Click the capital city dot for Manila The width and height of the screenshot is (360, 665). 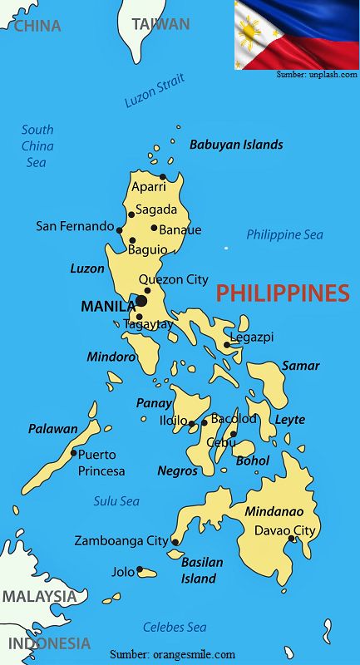(141, 301)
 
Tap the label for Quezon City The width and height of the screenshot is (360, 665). (173, 279)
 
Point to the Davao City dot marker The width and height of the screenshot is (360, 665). (292, 539)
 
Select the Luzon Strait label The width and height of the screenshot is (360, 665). (154, 93)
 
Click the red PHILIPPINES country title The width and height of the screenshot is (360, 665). (283, 293)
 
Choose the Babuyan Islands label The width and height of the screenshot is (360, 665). (236, 145)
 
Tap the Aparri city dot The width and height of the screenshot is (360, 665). (163, 176)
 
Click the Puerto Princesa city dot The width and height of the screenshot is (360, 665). (74, 453)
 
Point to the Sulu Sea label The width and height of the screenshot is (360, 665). (116, 501)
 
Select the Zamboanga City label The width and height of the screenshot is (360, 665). (121, 540)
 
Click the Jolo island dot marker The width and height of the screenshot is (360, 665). (141, 571)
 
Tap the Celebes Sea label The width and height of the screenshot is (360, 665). (175, 628)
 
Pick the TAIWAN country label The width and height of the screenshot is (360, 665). (160, 24)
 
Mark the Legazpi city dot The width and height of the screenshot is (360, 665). (227, 344)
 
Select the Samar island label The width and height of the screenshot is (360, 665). (300, 366)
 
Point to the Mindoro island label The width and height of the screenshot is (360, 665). (111, 357)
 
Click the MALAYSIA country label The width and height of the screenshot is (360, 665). (39, 596)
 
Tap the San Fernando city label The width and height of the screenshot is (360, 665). (75, 226)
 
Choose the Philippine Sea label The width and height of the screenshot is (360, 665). (284, 235)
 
